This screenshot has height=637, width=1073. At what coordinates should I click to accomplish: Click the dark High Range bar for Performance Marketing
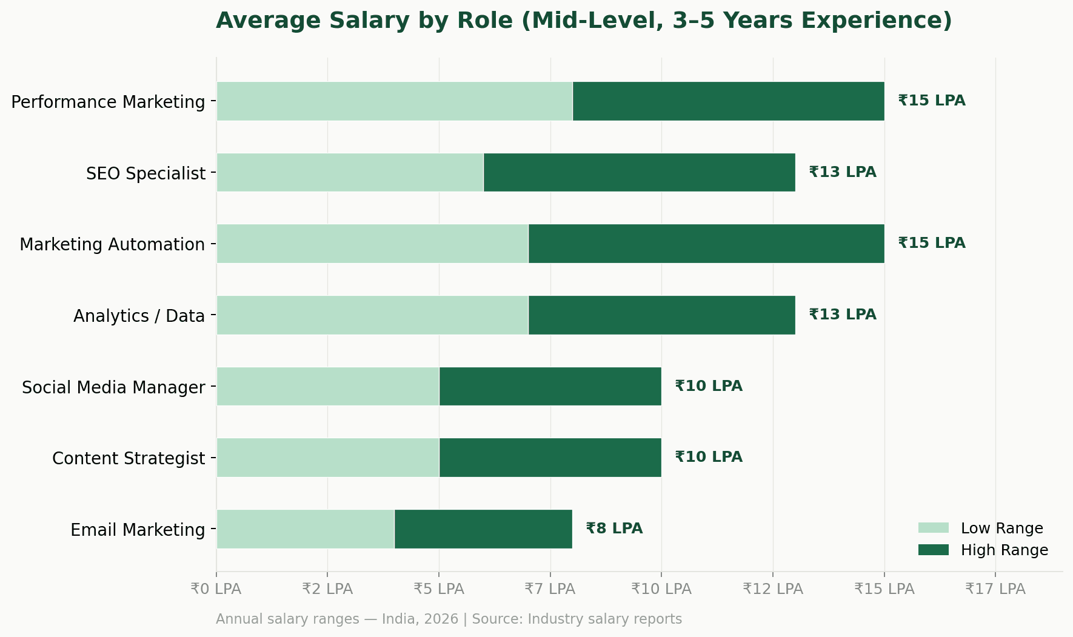728,101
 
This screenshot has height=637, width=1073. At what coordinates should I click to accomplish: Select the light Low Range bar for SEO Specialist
350,173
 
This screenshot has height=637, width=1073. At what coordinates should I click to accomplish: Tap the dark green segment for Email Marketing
483,529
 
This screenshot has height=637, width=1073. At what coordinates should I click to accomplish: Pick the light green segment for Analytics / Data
372,315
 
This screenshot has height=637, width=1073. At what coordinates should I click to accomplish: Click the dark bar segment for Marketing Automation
706,244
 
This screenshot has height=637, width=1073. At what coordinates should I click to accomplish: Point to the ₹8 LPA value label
614,529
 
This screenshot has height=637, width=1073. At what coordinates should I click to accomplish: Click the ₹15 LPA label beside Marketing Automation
931,243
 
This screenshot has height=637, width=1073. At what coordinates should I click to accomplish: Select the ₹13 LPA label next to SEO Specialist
842,172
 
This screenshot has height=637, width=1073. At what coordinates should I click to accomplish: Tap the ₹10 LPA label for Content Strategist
708,457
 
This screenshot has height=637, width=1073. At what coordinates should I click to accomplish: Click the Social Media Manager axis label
113,387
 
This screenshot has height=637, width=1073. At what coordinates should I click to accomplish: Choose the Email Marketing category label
138,530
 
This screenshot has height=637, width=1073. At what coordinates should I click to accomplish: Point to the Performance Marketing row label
108,102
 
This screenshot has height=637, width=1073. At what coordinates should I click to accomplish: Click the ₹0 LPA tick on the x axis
216,589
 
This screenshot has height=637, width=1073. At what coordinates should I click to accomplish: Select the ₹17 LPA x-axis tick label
995,589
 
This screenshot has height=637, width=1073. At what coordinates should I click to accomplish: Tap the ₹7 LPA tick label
550,589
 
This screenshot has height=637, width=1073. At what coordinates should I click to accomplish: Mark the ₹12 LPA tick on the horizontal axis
772,589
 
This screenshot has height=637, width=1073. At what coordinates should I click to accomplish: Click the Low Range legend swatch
933,528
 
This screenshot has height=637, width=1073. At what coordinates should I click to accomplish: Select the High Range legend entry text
1004,550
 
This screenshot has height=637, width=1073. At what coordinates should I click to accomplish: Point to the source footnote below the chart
449,619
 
